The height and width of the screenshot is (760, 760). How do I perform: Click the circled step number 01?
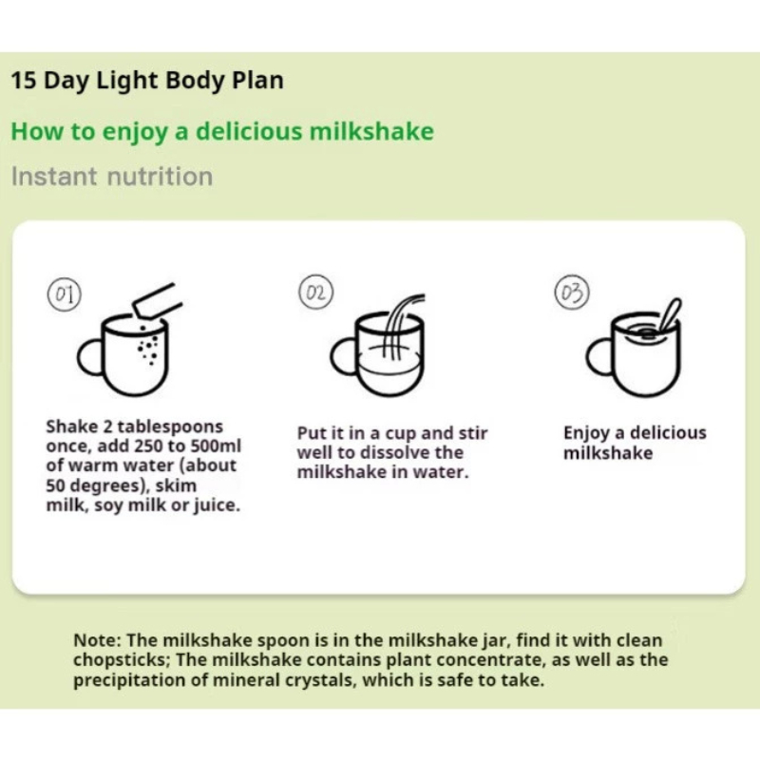coord(64,294)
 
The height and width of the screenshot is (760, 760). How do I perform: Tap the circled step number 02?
coord(316,292)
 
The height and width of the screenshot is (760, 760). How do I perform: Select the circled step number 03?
coord(572,292)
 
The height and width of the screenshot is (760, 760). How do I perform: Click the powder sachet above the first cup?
coord(157,301)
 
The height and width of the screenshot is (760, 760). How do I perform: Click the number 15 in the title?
coord(24,81)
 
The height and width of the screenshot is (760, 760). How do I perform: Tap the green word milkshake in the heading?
coord(371,131)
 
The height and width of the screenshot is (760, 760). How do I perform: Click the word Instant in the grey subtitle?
coord(54,177)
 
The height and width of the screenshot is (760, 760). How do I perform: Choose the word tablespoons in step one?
coord(170,427)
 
